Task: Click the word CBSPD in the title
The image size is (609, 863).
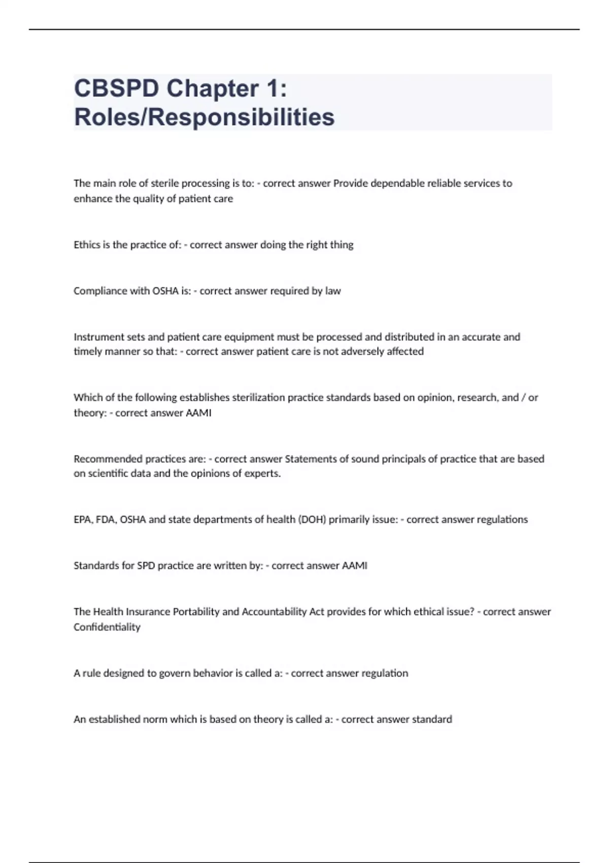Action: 116,89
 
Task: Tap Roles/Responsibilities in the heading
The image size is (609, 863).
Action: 204,117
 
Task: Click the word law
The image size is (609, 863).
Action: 333,291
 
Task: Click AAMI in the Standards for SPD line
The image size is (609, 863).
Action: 355,566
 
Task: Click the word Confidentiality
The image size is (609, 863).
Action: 107,627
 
